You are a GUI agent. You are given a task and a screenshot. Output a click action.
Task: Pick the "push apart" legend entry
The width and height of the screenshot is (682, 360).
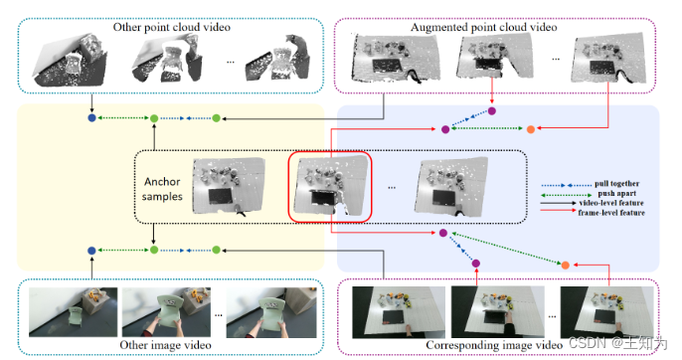coord(609,198)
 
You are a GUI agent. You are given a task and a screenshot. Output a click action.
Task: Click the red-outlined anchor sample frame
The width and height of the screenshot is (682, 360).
coord(329,186)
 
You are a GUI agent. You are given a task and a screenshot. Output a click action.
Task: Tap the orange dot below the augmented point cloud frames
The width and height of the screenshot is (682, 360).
coord(530,129)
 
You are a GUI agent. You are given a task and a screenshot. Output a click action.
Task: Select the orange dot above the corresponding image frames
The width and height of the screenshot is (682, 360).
coord(566,266)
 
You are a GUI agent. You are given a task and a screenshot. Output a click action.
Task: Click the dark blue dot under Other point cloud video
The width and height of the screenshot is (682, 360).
coord(91,119)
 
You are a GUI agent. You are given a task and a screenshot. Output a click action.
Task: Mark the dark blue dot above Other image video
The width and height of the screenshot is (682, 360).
coord(91,251)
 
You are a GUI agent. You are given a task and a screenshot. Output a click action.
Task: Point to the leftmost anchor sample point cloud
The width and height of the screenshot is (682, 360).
coord(230,188)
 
